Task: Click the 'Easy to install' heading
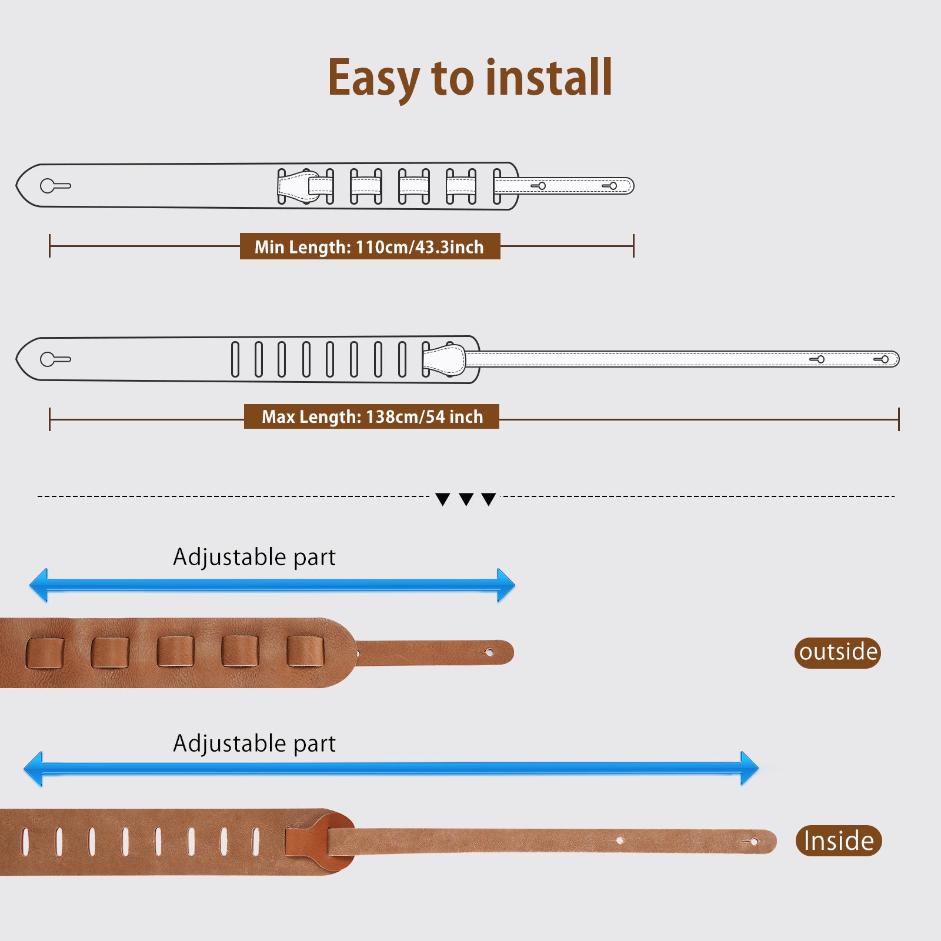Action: tap(470, 78)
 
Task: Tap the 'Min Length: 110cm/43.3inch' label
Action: tap(369, 246)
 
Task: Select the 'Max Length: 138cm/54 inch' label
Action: tap(372, 416)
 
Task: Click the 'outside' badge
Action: tap(837, 652)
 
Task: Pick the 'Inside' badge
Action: tap(839, 840)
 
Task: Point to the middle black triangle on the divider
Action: tap(466, 499)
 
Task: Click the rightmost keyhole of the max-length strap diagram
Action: tap(882, 359)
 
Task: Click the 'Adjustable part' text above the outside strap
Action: tap(254, 557)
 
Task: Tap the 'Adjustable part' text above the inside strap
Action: tap(254, 743)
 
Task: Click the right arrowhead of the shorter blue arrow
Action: tap(505, 585)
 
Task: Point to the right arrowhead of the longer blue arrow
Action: tap(749, 768)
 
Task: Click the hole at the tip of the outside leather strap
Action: tap(489, 652)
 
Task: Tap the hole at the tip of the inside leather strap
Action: tap(753, 842)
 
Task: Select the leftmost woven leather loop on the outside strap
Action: tap(45, 653)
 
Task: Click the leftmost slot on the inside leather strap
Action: tap(25, 841)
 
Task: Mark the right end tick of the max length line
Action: tap(899, 419)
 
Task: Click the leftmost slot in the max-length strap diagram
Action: tap(235, 359)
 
